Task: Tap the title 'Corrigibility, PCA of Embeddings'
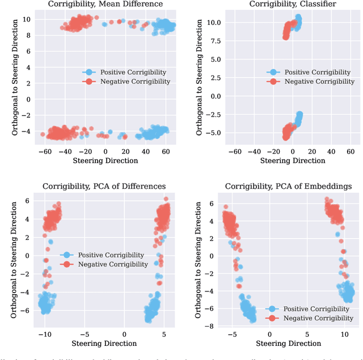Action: click(288, 186)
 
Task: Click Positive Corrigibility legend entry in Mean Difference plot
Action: click(135, 72)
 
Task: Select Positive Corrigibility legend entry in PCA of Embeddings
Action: click(313, 309)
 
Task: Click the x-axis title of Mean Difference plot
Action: click(105, 160)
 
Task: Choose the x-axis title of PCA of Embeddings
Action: click(288, 343)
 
